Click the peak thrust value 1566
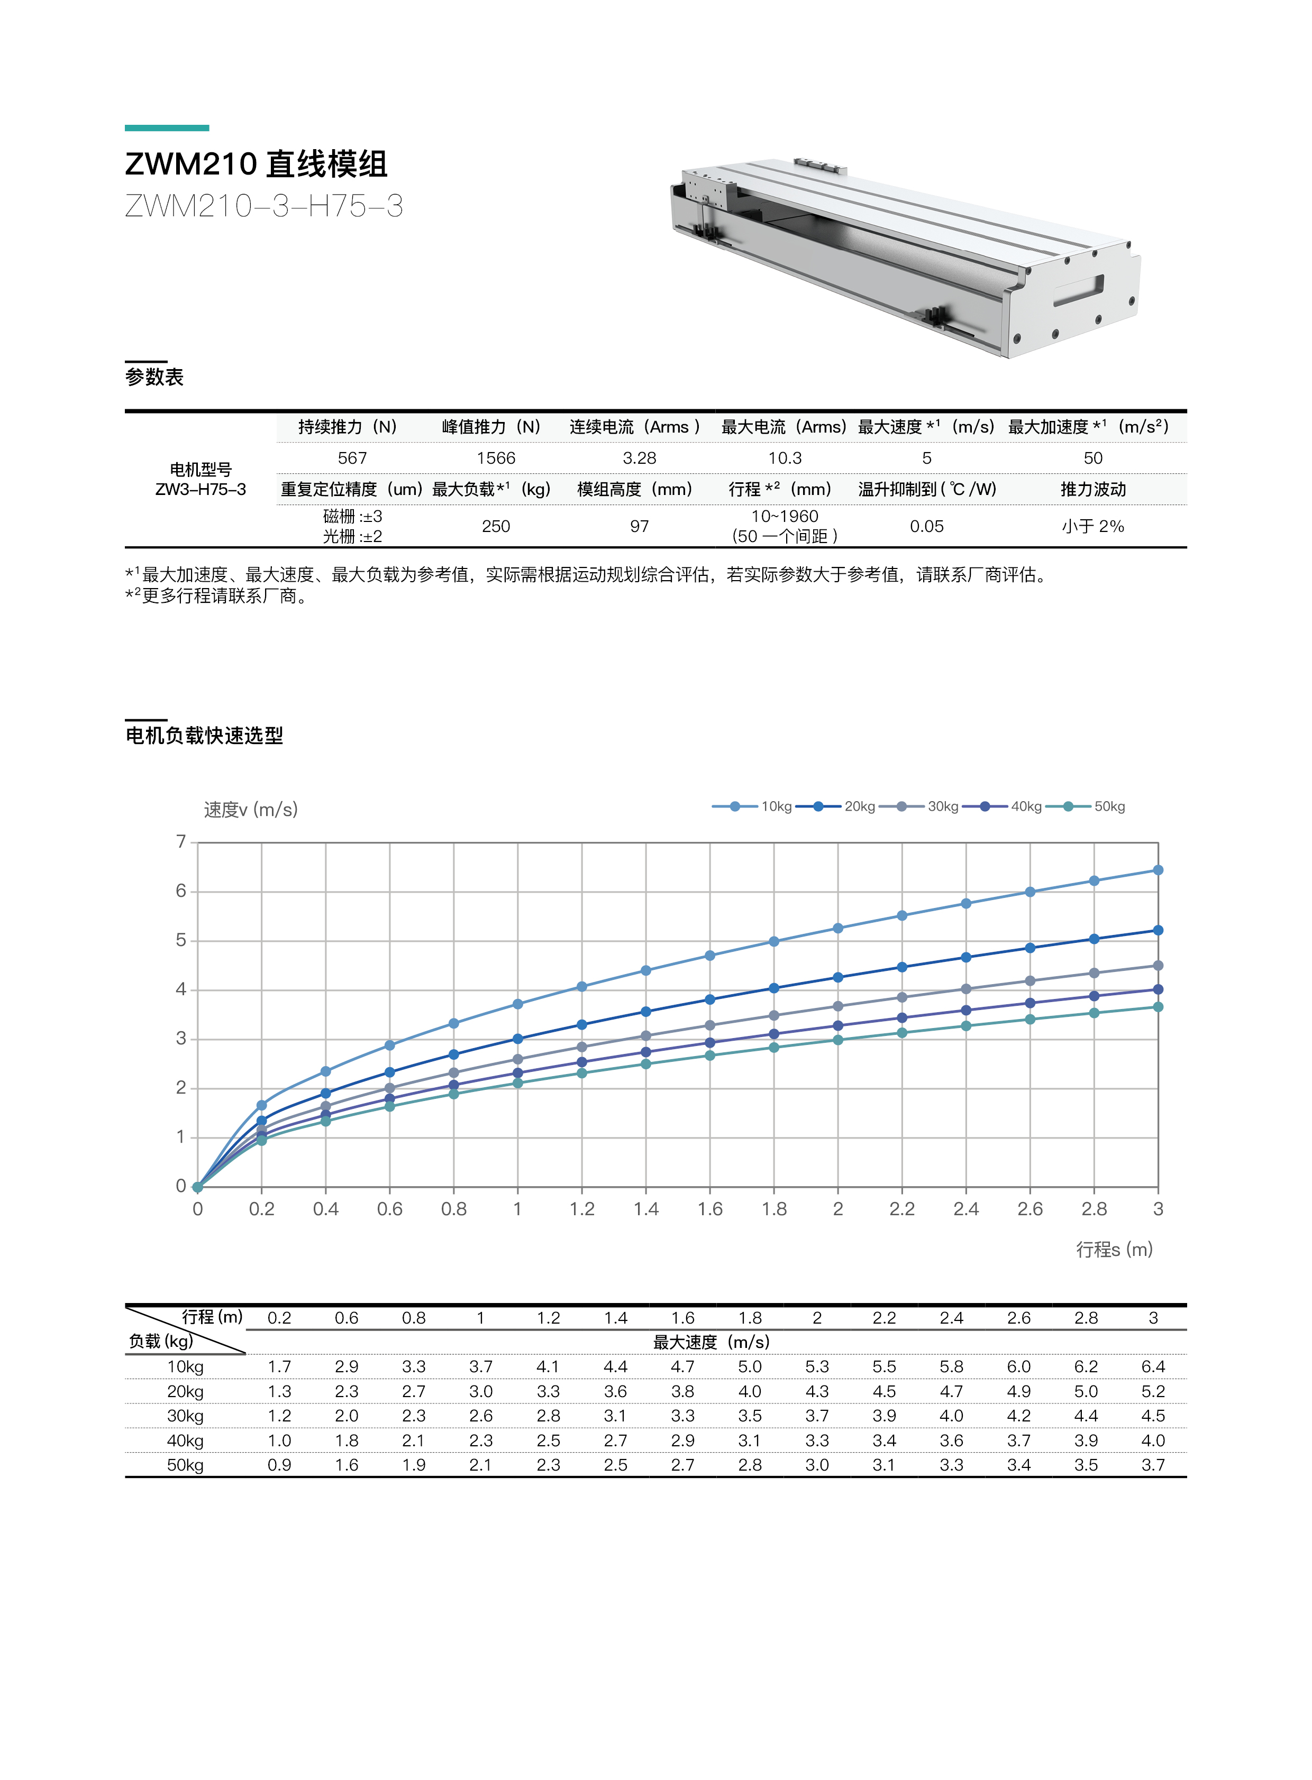point(496,458)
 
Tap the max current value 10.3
point(785,458)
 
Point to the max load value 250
point(496,526)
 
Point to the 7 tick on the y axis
point(181,841)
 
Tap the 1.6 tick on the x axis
point(710,1209)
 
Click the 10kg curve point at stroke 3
point(1158,870)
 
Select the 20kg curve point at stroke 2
point(838,977)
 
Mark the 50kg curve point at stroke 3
point(1158,1007)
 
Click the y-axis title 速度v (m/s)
point(251,810)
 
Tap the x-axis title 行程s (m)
point(1114,1250)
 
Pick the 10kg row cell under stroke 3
point(1153,1366)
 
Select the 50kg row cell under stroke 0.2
point(279,1465)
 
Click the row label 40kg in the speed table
point(185,1440)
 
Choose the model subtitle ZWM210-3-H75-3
point(263,206)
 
